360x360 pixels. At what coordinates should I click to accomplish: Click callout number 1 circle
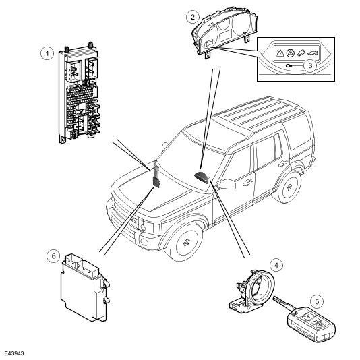(47, 53)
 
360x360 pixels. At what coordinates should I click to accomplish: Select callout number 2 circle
(193, 17)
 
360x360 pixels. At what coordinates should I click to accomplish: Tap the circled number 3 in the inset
(310, 65)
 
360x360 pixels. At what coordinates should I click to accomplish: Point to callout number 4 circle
(276, 265)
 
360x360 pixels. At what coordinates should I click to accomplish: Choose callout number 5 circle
(317, 301)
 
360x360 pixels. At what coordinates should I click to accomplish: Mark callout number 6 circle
(53, 256)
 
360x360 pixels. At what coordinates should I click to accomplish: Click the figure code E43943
(14, 353)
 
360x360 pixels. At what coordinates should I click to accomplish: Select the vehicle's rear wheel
(289, 187)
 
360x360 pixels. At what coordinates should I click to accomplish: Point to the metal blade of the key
(282, 303)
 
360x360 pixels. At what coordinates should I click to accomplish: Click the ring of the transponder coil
(261, 287)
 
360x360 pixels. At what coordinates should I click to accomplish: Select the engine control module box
(85, 287)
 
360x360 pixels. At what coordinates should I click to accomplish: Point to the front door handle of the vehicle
(248, 183)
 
